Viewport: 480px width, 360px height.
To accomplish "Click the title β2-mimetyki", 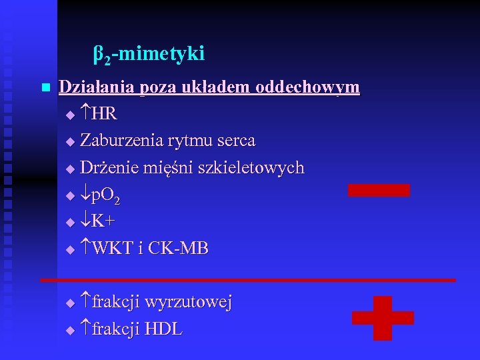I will pos(149,54).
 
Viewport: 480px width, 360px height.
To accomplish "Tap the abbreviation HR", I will pos(105,114).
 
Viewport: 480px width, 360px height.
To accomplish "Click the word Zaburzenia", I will pos(121,141).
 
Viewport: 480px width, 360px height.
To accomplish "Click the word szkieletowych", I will pos(257,168).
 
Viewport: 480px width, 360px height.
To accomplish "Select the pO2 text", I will pos(106,196).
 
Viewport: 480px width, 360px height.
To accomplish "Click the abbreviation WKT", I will pos(113,249).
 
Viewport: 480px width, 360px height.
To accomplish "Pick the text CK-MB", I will pos(178,249).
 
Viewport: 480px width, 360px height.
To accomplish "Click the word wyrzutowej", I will pos(189,303).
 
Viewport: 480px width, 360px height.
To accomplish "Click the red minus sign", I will pos(379,190).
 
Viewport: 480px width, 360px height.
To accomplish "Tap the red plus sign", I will pos(383,318).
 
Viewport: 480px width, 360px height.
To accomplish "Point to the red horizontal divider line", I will pos(247,280).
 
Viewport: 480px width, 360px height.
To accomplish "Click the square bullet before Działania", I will pos(45,88).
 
